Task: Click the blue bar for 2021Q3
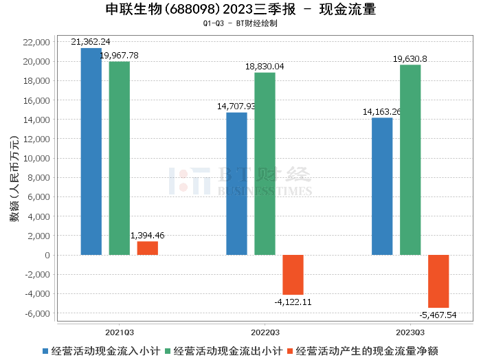tap(91, 151)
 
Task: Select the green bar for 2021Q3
tap(119, 158)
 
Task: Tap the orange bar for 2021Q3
tap(147, 248)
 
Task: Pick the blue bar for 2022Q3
tap(236, 183)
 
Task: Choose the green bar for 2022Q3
tap(265, 164)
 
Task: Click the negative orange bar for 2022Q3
tap(293, 275)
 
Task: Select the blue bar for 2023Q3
tap(382, 186)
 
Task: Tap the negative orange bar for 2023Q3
tap(438, 281)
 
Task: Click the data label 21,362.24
tap(91, 42)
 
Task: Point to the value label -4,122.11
tap(293, 302)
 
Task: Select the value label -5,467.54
tap(438, 315)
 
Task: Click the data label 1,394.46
tap(147, 236)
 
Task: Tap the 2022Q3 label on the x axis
tap(265, 330)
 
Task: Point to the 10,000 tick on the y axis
tap(36, 158)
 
